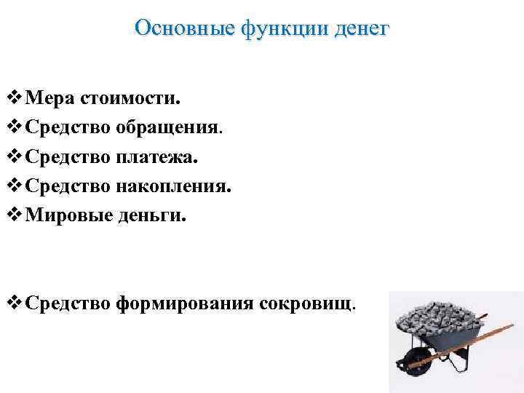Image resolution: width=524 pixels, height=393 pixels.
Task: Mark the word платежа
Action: [156, 156]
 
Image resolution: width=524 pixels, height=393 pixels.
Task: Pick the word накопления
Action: [172, 186]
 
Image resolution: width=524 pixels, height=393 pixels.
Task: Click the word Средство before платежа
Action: [67, 156]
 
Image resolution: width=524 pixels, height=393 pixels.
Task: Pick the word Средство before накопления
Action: [67, 186]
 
